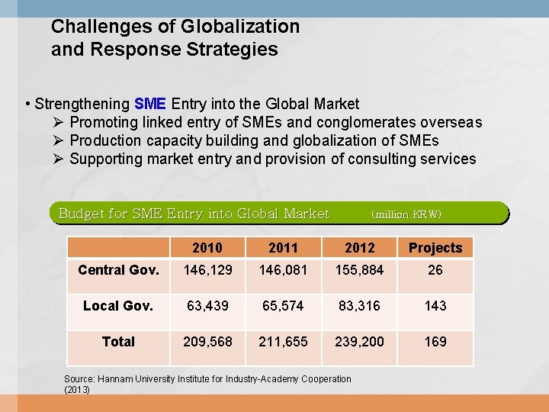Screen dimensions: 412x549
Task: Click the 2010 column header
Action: (207, 247)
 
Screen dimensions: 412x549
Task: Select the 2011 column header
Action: (284, 247)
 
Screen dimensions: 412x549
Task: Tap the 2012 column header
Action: (359, 247)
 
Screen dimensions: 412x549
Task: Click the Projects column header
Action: (435, 247)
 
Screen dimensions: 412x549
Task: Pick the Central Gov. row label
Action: (118, 270)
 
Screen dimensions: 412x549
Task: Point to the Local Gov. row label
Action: (118, 306)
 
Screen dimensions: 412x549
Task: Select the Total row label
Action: (118, 342)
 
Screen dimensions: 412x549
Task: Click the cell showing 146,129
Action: (207, 270)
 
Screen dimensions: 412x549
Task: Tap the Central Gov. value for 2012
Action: (359, 270)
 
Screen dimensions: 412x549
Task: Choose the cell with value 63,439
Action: (207, 306)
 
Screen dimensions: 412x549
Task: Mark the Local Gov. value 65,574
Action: (284, 306)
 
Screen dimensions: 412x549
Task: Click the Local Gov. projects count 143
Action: (435, 306)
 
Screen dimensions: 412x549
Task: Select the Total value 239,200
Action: (359, 342)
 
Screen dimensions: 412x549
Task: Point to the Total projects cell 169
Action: (435, 342)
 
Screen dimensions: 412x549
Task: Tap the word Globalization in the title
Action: (240, 27)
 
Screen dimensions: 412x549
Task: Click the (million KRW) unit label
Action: (406, 214)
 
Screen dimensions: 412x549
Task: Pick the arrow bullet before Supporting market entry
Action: (59, 159)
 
